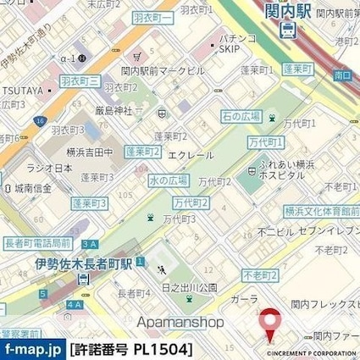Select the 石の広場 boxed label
click(239, 116)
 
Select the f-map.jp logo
click(32, 349)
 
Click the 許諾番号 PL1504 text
click(131, 349)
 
